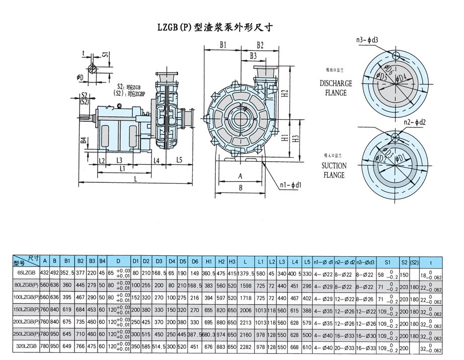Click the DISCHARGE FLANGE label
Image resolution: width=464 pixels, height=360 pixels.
[335, 88]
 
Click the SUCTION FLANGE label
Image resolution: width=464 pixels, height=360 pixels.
[334, 170]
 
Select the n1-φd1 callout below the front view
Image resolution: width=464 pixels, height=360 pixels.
[290, 185]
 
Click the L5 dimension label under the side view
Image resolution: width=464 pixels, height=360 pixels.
[180, 160]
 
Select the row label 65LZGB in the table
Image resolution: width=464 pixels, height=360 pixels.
[25, 272]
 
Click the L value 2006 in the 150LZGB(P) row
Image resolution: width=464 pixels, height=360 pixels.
[245, 310]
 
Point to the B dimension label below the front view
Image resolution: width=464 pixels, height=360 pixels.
[241, 187]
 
